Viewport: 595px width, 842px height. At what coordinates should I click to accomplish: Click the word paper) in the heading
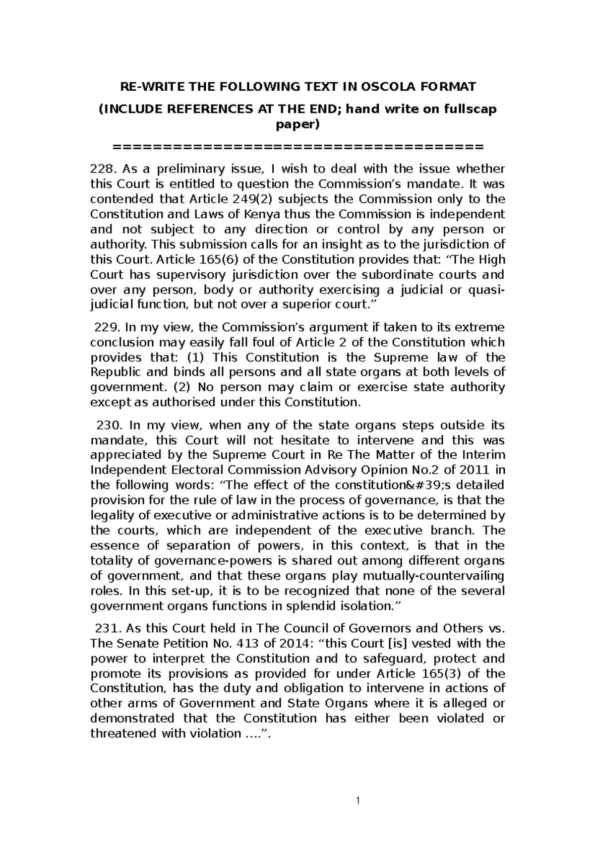point(297,124)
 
